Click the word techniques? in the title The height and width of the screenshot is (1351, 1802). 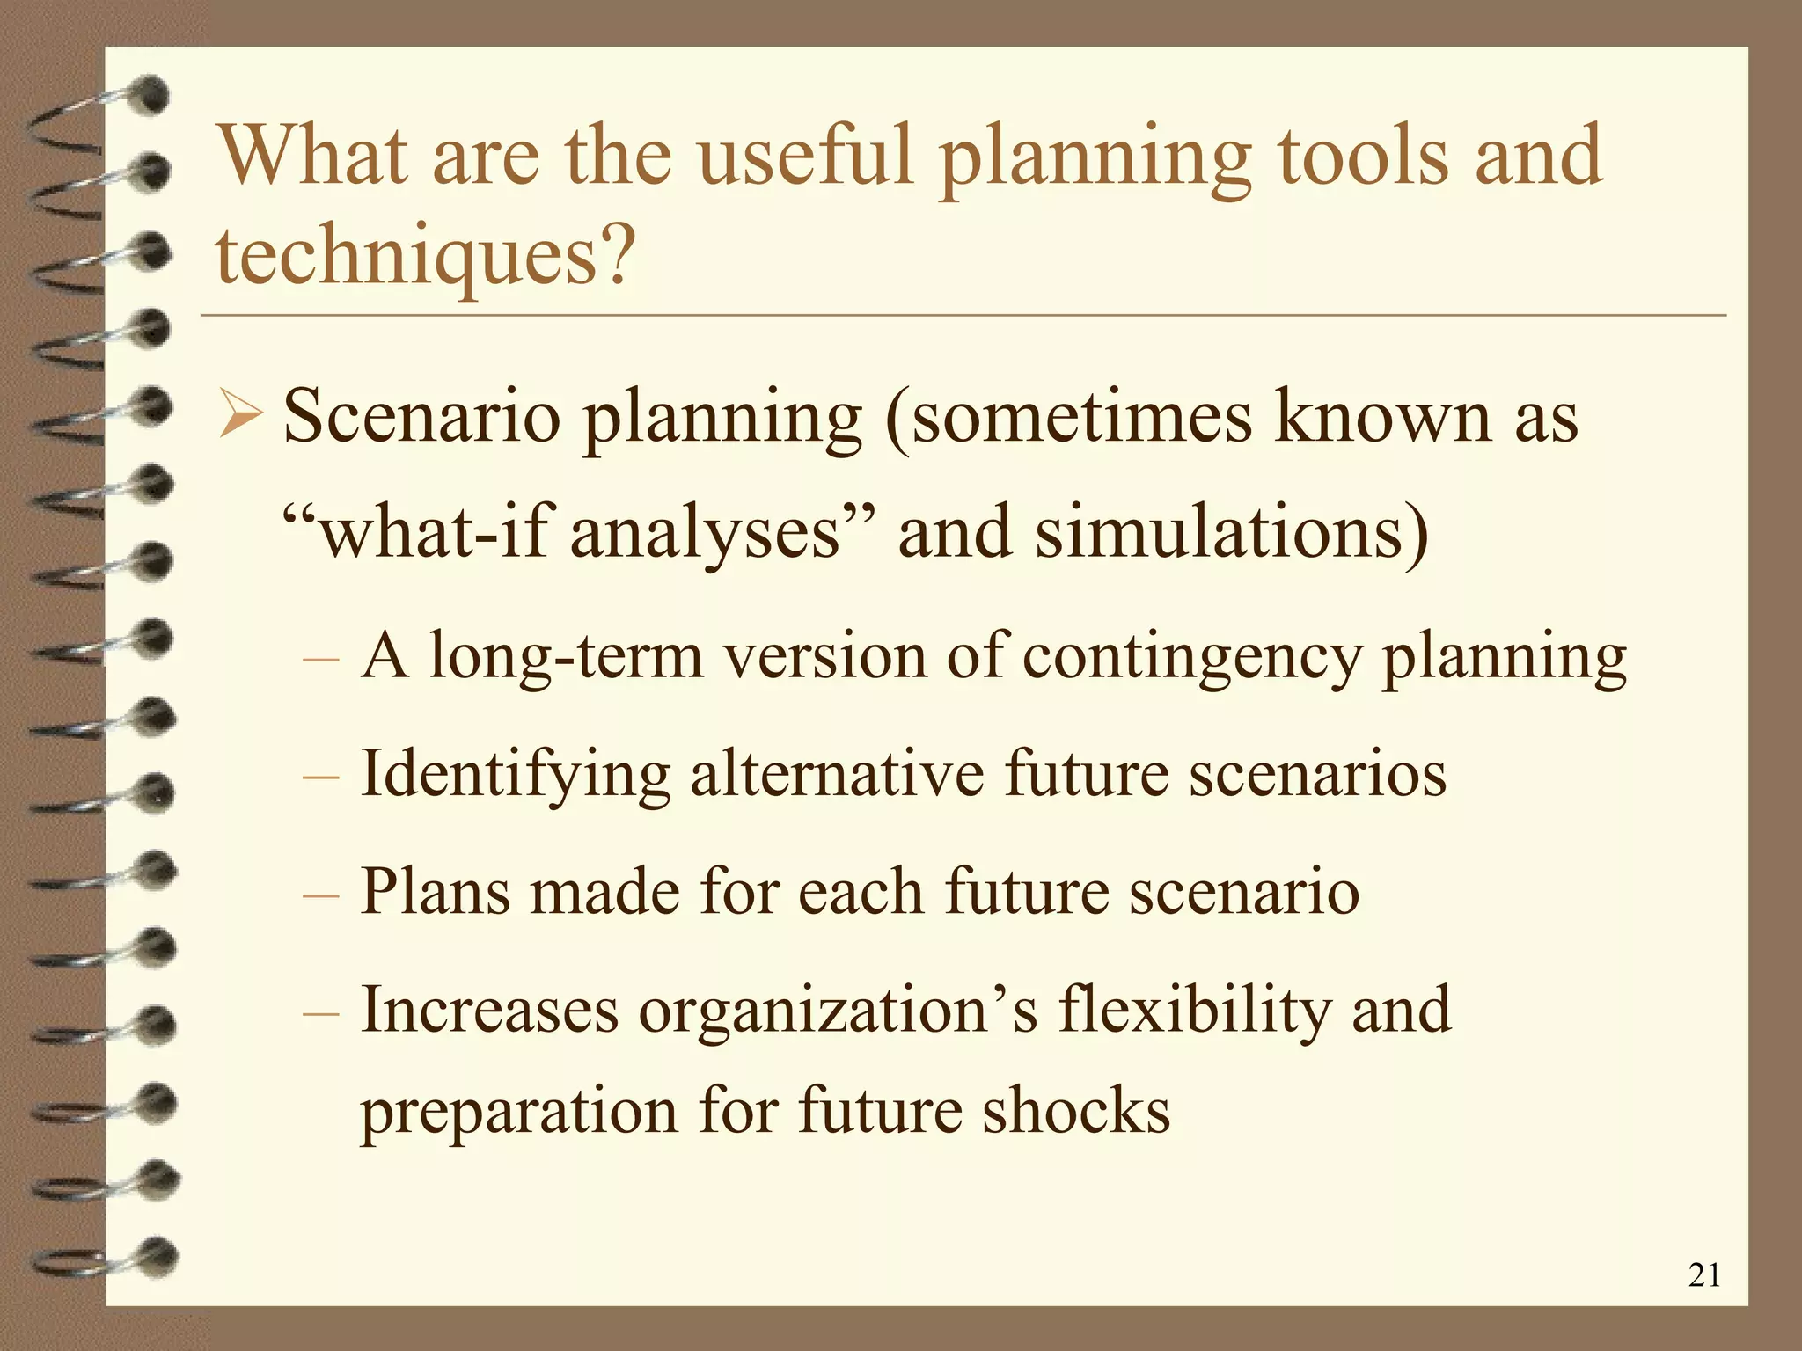(424, 255)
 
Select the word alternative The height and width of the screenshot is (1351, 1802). (837, 774)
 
